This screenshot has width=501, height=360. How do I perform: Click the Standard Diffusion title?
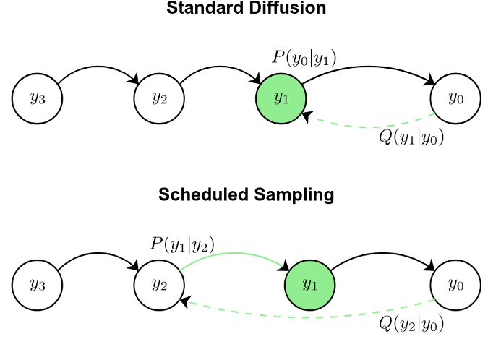point(246,9)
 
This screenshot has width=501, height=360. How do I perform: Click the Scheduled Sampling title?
point(246,194)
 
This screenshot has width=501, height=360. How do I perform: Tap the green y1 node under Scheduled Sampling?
point(310,284)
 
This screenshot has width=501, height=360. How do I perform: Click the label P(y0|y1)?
point(304,58)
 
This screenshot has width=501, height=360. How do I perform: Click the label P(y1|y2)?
point(181,244)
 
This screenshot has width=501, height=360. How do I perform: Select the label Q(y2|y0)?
point(411,323)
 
